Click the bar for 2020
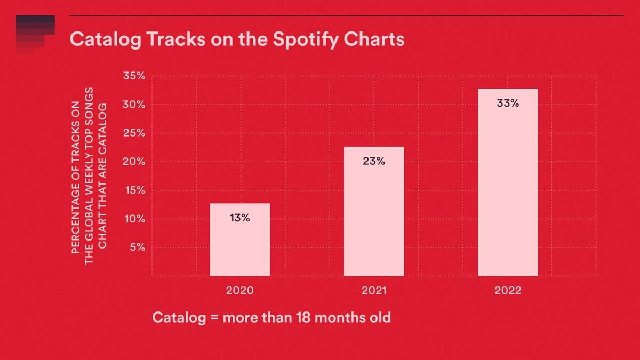(x=240, y=240)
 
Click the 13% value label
(x=240, y=218)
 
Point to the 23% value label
(x=374, y=161)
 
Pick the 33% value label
(x=508, y=103)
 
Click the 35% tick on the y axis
(x=134, y=76)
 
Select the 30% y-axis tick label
(x=134, y=105)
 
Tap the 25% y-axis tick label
(x=134, y=133)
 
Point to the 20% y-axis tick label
(x=134, y=162)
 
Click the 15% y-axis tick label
(x=134, y=190)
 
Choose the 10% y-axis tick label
(x=134, y=219)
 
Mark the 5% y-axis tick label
(x=137, y=247)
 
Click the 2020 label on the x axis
(x=240, y=291)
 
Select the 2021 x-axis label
(x=374, y=291)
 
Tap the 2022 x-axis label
(x=508, y=291)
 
